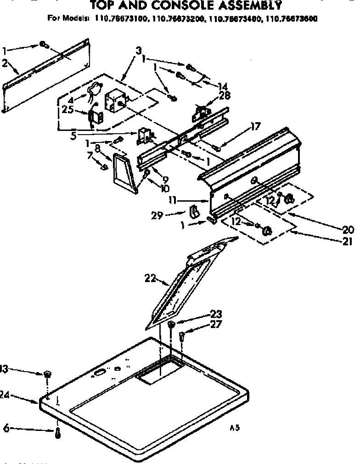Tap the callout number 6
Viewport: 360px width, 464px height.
[6, 429]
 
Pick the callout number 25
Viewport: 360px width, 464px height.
[68, 110]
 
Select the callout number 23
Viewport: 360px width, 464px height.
[216, 314]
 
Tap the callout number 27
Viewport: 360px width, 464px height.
[216, 324]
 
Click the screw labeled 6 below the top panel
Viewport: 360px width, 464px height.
[57, 433]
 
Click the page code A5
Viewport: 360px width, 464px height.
[235, 428]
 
